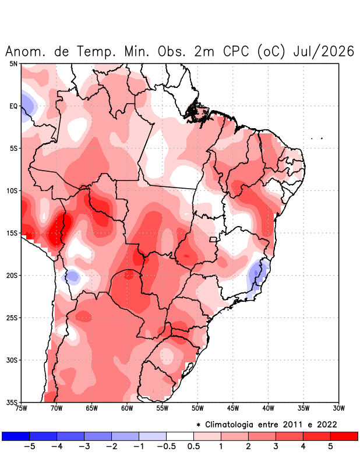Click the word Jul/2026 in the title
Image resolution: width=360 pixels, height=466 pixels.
pyautogui.click(x=323, y=51)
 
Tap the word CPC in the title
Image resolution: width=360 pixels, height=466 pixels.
pyautogui.click(x=236, y=51)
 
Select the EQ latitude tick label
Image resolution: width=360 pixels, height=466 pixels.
pyautogui.click(x=13, y=106)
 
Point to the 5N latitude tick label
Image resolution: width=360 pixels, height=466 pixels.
pyautogui.click(x=13, y=63)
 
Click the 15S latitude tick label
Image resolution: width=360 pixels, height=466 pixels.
pyautogui.click(x=12, y=233)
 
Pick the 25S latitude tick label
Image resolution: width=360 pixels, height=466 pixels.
pyautogui.click(x=12, y=317)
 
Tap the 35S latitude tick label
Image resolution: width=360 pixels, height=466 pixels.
pyautogui.click(x=12, y=403)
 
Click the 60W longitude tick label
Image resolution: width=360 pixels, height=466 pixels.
pyautogui.click(x=127, y=408)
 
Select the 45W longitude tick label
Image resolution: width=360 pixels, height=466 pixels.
pyautogui.click(x=233, y=408)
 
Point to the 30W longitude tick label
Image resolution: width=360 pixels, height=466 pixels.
pyautogui.click(x=338, y=408)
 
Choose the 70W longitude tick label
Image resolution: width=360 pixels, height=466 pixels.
pyautogui.click(x=57, y=408)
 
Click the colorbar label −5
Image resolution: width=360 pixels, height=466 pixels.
pyautogui.click(x=30, y=446)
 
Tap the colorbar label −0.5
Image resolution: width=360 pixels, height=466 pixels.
pyautogui.click(x=166, y=446)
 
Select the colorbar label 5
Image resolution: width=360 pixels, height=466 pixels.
pyautogui.click(x=330, y=446)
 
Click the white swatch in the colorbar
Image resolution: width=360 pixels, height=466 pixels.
pyautogui.click(x=180, y=436)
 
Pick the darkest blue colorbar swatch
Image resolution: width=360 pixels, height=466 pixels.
pyautogui.click(x=16, y=436)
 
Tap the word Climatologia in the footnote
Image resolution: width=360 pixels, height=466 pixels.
pyautogui.click(x=229, y=425)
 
